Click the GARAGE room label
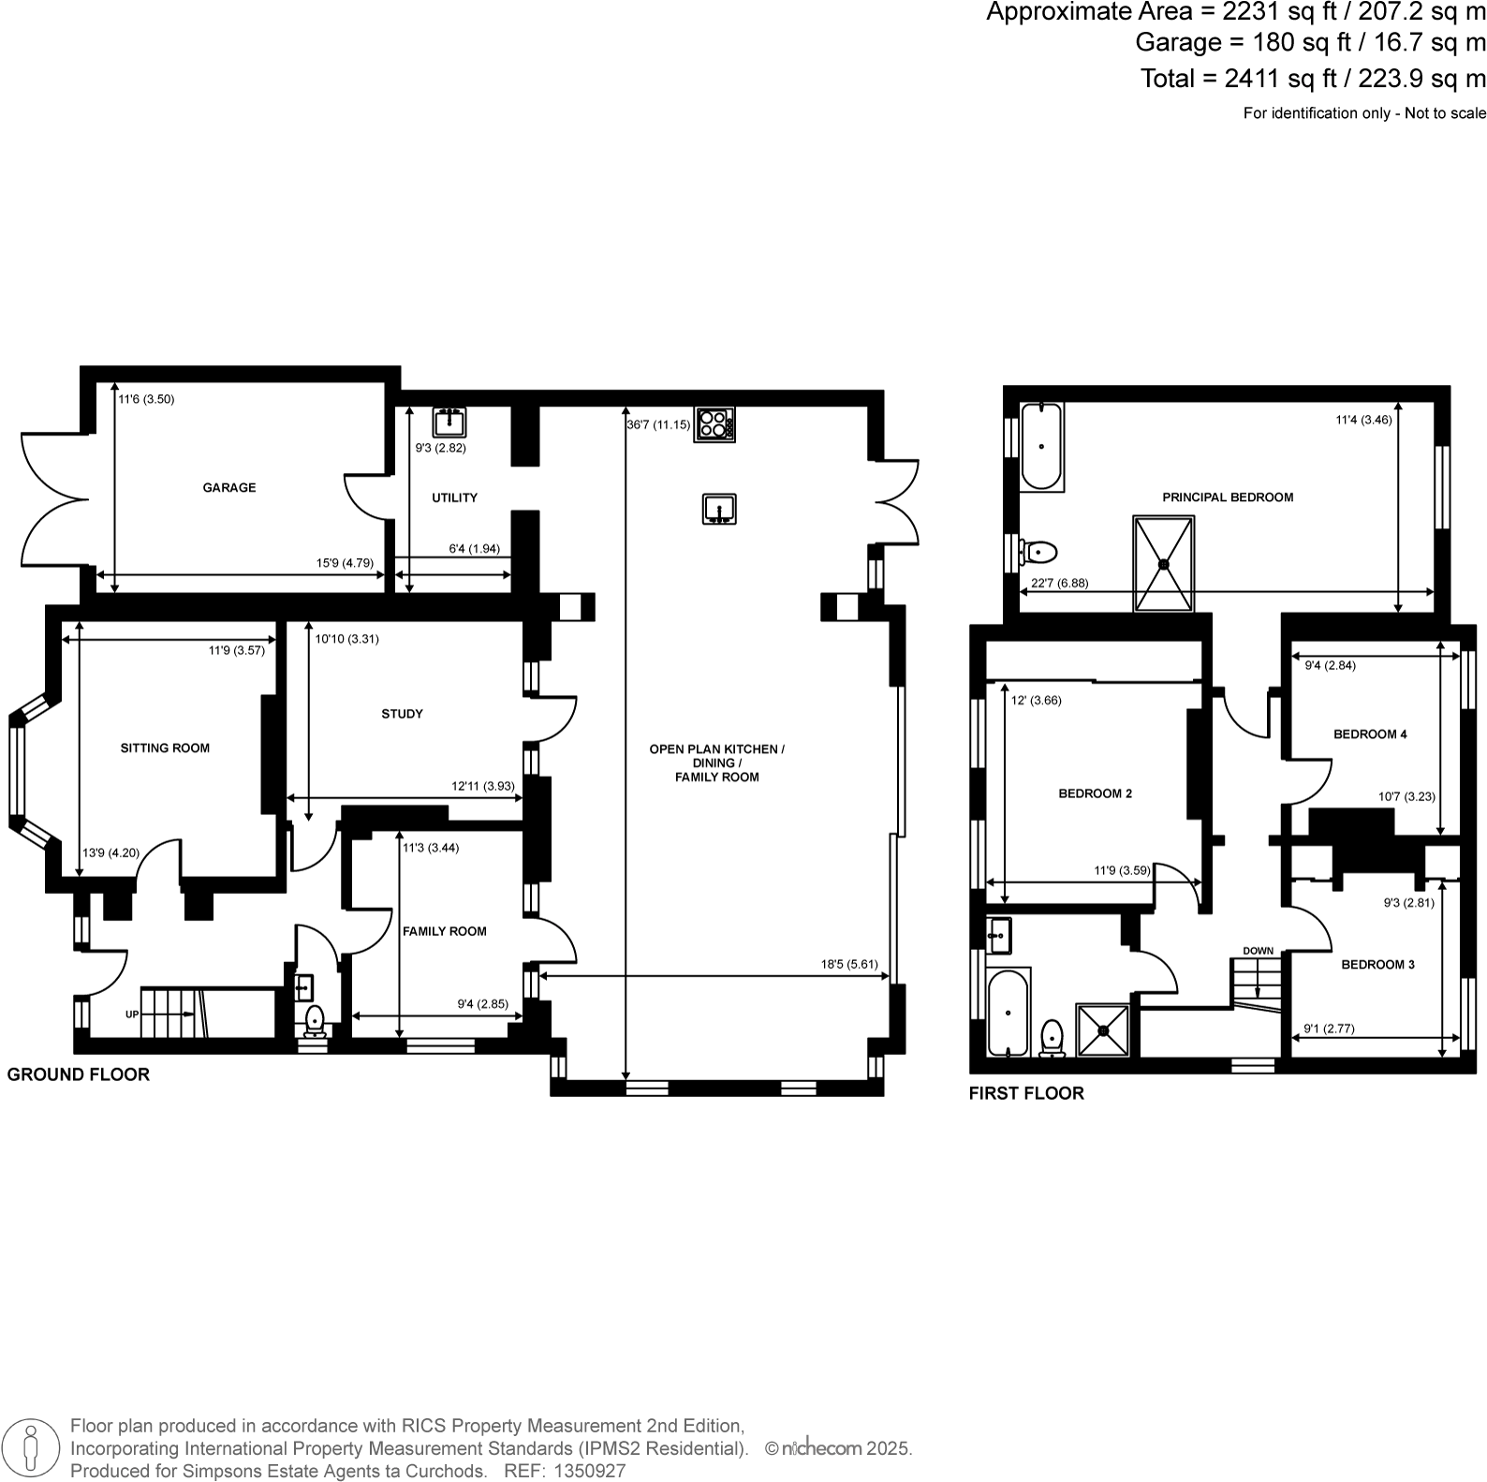pyautogui.click(x=229, y=487)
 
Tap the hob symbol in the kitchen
pyautogui.click(x=714, y=424)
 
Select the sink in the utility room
pyautogui.click(x=450, y=422)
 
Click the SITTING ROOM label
pyautogui.click(x=165, y=748)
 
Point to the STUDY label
pyautogui.click(x=402, y=714)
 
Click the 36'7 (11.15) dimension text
pyautogui.click(x=658, y=424)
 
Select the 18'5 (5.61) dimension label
pyautogui.click(x=849, y=963)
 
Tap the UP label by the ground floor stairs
pyautogui.click(x=132, y=1015)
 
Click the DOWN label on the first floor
pyautogui.click(x=1259, y=951)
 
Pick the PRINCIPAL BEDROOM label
pyautogui.click(x=1228, y=497)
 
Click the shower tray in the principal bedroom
pyautogui.click(x=1164, y=563)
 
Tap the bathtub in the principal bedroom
pyautogui.click(x=1040, y=447)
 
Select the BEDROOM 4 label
pyautogui.click(x=1370, y=734)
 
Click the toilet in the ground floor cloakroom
pyautogui.click(x=314, y=1018)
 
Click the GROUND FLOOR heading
pyautogui.click(x=79, y=1074)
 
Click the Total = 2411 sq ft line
pyautogui.click(x=1313, y=79)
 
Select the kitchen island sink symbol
pyautogui.click(x=719, y=510)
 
